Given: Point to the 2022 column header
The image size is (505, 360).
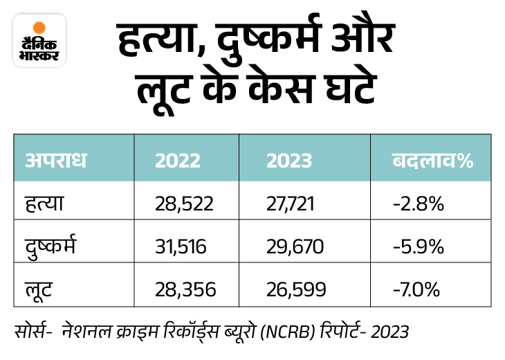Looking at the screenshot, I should pos(178,161).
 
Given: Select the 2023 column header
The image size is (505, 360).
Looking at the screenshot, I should pos(289,161).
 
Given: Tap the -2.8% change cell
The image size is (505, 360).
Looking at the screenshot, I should pos(416,205).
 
